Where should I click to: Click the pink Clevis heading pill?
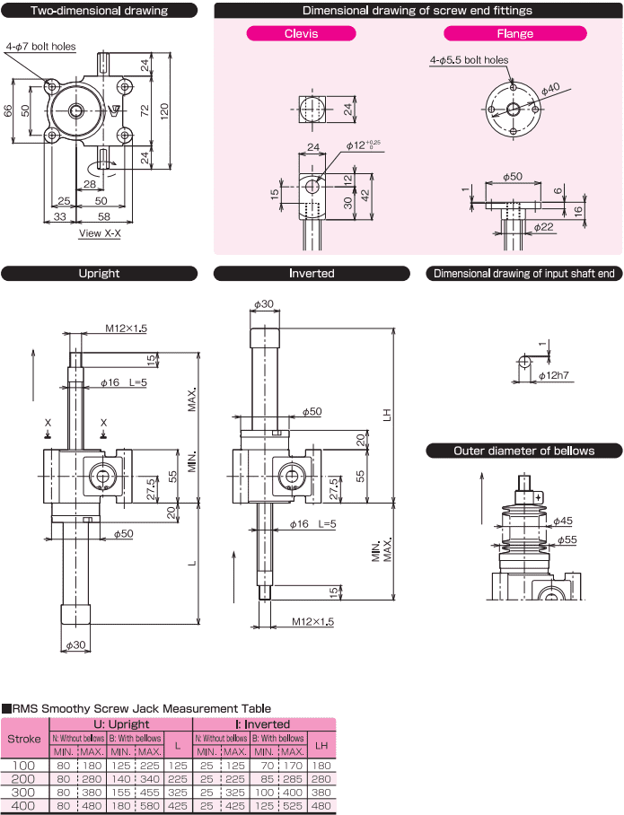click(302, 33)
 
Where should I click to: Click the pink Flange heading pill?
click(515, 33)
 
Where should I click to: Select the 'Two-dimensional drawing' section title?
click(99, 11)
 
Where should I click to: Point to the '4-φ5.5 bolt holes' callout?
click(469, 60)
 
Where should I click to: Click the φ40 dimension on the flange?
click(551, 87)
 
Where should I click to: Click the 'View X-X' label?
click(101, 232)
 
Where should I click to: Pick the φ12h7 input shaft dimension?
click(561, 373)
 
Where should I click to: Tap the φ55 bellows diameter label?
click(567, 540)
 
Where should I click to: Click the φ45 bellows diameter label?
click(563, 521)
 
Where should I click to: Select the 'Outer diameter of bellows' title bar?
click(524, 451)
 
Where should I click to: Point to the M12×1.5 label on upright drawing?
click(126, 329)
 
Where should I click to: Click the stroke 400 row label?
click(25, 806)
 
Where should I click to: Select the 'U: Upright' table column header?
click(120, 723)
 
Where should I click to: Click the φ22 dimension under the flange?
click(544, 228)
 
